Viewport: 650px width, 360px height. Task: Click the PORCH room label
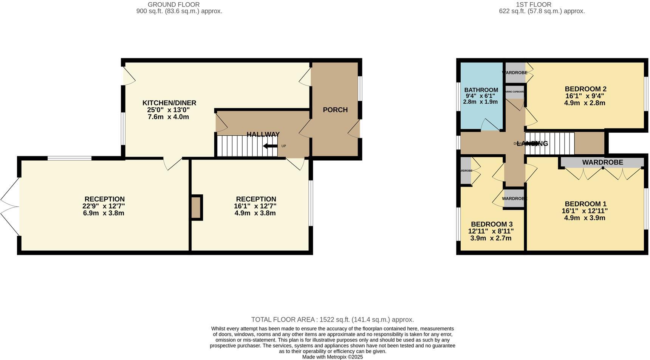coord(335,110)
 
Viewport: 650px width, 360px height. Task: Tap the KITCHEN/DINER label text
coord(169,103)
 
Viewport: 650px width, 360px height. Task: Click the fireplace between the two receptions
coord(196,207)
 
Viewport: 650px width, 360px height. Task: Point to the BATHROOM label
coord(481,90)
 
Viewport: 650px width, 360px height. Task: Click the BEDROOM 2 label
coord(585,89)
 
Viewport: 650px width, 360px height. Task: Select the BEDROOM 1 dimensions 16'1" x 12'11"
coord(584,211)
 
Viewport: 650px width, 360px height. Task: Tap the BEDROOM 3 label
coord(491,224)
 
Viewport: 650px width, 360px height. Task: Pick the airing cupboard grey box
coord(514,94)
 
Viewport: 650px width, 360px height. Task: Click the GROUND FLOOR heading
coord(173,5)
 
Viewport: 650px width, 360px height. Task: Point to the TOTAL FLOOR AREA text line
coord(332,320)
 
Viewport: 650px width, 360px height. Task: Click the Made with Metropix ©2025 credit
coord(332,357)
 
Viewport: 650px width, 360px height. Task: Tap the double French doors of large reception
coord(10,206)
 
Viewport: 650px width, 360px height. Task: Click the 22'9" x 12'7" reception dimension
coord(104,206)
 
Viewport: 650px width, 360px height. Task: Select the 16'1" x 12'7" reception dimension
coord(255,206)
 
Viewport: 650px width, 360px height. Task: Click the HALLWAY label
coord(263,134)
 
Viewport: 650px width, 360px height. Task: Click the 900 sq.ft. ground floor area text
coord(179,11)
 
